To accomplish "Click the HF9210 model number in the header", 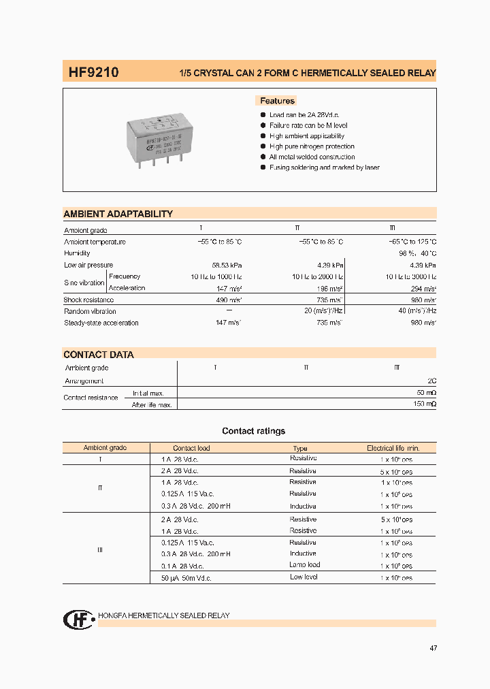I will pyautogui.click(x=93, y=71).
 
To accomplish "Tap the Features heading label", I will pyautogui.click(x=277, y=101).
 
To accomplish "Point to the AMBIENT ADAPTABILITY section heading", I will pyautogui.click(x=118, y=214).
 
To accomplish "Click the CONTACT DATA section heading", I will pyautogui.click(x=99, y=355).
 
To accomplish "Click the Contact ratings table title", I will pyautogui.click(x=253, y=431).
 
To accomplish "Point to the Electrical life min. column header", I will pyautogui.click(x=393, y=448).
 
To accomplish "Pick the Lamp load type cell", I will pyautogui.click(x=304, y=565).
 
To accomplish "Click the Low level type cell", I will pyautogui.click(x=304, y=577).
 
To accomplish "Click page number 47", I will pyautogui.click(x=433, y=648).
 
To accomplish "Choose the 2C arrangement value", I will pyautogui.click(x=431, y=381).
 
